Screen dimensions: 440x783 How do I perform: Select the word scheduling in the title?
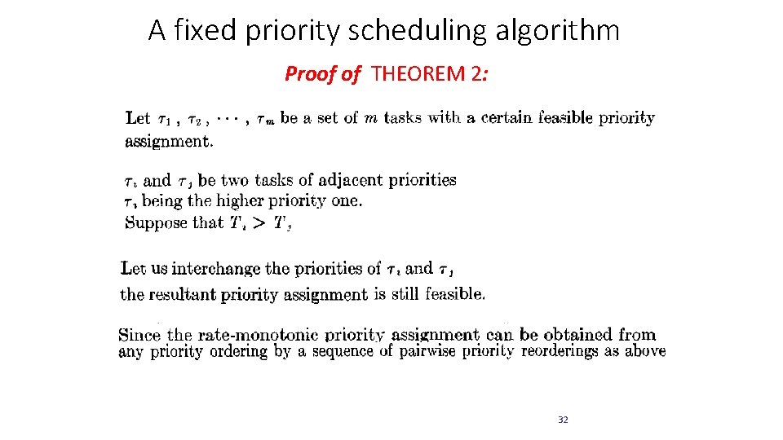[x=427, y=31]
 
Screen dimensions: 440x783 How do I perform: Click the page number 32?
[x=563, y=420]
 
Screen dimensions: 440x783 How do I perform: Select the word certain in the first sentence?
[x=507, y=117]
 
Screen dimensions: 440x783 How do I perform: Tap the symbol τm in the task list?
[x=264, y=120]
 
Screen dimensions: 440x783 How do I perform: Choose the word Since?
[x=139, y=334]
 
